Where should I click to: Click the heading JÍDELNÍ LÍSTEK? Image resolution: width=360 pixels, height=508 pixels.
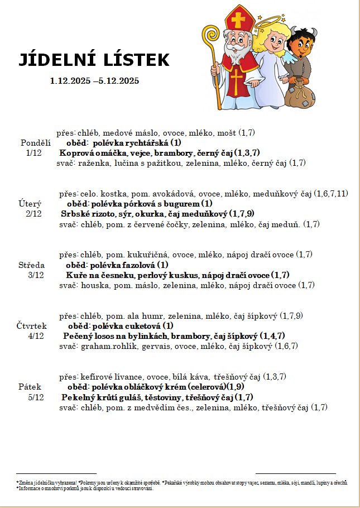(x=94, y=60)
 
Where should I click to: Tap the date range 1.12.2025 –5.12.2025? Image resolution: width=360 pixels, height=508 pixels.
(x=94, y=81)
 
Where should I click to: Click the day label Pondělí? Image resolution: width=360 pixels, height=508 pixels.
(x=36, y=142)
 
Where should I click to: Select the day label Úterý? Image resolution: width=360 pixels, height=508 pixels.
(x=30, y=204)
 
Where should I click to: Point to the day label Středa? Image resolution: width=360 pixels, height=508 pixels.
(x=32, y=265)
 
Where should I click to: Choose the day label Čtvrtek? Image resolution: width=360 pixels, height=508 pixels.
(x=32, y=325)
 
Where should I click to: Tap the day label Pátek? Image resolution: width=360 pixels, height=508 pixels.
(x=30, y=386)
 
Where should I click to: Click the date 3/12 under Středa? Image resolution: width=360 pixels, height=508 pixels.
(x=36, y=275)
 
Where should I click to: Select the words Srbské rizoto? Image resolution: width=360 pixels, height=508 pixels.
(x=86, y=214)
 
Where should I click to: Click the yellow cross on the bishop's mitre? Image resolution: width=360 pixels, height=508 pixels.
(x=239, y=21)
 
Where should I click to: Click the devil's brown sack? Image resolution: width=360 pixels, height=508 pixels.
(x=301, y=95)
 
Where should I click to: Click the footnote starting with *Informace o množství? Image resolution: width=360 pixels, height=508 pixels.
(x=84, y=488)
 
